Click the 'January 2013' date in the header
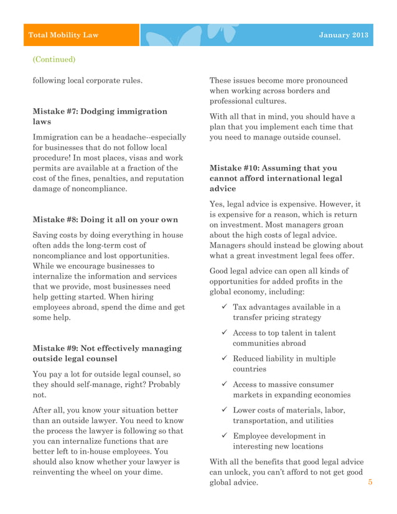(343, 35)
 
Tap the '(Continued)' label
(54, 60)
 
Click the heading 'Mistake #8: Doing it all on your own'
(106, 219)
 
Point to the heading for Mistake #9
(107, 353)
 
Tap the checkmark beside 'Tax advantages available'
(223, 307)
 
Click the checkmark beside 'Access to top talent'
(223, 333)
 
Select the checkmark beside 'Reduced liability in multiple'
(223, 358)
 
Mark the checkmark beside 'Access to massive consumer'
(223, 385)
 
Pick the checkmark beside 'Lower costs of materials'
(223, 410)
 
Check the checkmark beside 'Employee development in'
(223, 436)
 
